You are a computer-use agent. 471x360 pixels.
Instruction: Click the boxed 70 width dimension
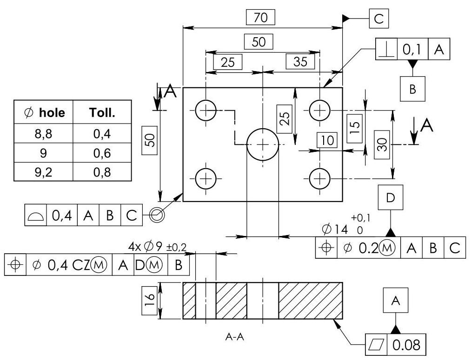tap(261, 17)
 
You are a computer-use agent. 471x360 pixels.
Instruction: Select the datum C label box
tap(378, 19)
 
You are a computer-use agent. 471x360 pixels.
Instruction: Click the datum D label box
tap(390, 197)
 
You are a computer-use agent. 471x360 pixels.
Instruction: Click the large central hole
tap(263, 144)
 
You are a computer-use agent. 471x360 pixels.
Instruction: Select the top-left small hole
tap(206, 111)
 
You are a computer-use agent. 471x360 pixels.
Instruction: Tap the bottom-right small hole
tap(320, 178)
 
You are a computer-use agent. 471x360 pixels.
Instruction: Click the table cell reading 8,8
tap(43, 133)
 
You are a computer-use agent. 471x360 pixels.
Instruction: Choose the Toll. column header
tap(102, 112)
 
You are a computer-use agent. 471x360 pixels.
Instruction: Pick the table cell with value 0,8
tap(102, 172)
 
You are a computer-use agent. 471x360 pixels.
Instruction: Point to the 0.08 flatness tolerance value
tap(406, 345)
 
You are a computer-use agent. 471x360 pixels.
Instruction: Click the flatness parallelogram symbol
tap(375, 345)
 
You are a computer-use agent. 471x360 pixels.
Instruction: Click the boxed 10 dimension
tap(328, 140)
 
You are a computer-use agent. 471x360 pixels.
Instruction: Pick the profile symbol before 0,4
tap(35, 216)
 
